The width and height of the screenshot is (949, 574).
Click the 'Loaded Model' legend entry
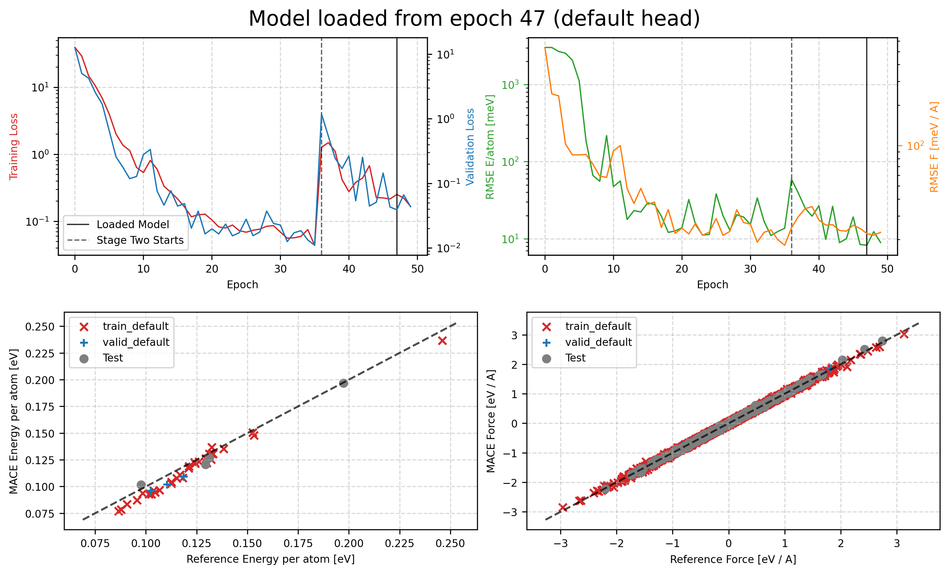(133, 224)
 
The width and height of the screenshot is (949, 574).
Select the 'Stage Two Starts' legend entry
(140, 240)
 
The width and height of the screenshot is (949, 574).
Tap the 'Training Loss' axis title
(14, 146)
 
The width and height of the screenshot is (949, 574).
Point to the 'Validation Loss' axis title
(470, 146)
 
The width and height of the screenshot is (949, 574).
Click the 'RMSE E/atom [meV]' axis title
(490, 146)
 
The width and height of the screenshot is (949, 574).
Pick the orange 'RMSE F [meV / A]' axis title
(934, 146)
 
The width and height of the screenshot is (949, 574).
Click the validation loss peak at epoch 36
(322, 113)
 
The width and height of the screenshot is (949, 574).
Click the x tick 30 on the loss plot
(280, 269)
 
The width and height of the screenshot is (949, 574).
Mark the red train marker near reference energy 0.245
(442, 341)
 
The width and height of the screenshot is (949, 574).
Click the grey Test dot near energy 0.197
(343, 383)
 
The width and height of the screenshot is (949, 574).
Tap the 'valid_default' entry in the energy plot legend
(135, 342)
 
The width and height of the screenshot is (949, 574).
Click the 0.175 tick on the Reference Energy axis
(298, 544)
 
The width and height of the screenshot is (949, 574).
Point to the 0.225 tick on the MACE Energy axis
(40, 353)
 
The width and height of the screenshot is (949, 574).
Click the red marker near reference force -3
(563, 507)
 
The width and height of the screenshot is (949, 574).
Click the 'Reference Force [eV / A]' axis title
(733, 559)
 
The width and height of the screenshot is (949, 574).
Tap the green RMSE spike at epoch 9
(606, 136)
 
